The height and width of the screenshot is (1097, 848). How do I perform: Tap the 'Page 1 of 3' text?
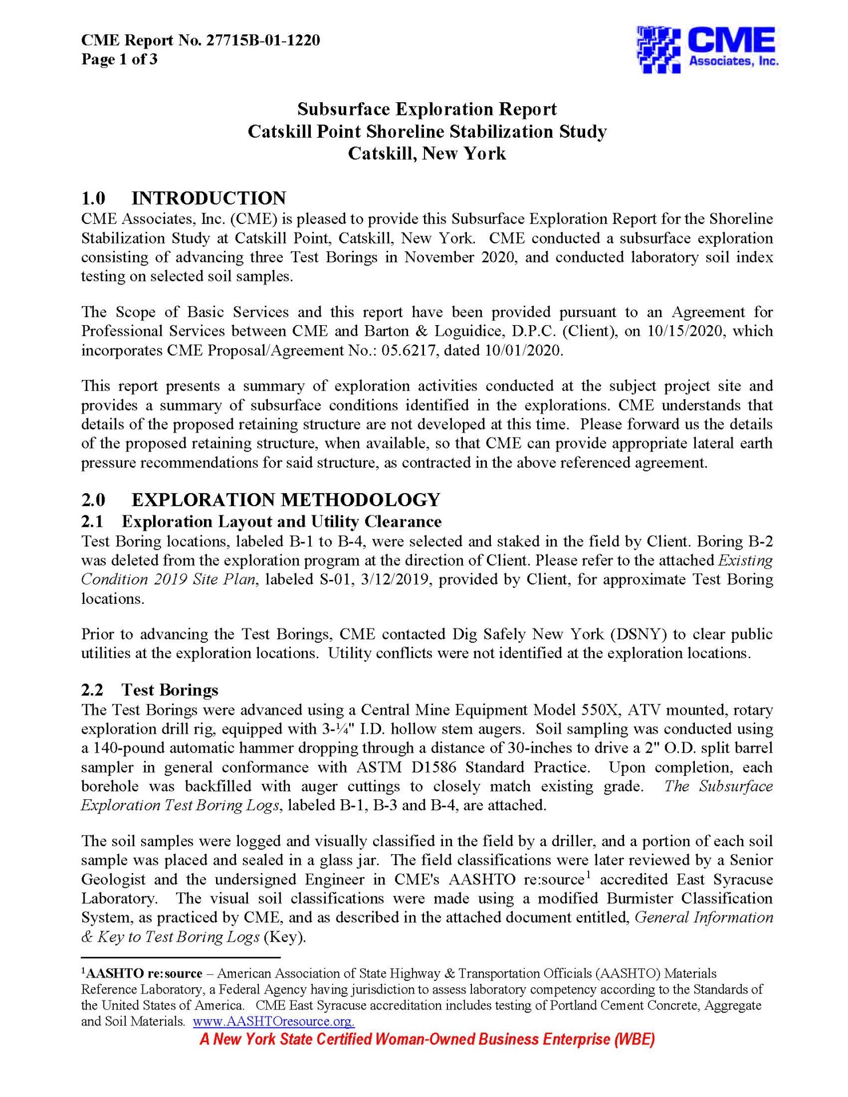pos(119,59)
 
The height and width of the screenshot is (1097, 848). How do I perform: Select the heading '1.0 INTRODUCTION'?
pos(183,198)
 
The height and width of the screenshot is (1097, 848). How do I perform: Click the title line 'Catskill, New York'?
pos(427,154)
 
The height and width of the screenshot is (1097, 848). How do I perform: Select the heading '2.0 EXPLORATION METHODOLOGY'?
pos(261,499)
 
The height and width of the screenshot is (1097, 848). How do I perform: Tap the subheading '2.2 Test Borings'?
pos(150,690)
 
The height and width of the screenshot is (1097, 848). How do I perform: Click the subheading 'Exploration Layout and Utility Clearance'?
pos(281,522)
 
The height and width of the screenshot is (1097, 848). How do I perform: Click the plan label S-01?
pos(331,579)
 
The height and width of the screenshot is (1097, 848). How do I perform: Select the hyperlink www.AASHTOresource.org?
pos(274,1021)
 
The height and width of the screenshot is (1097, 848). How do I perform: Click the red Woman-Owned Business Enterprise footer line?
pos(427,1039)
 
